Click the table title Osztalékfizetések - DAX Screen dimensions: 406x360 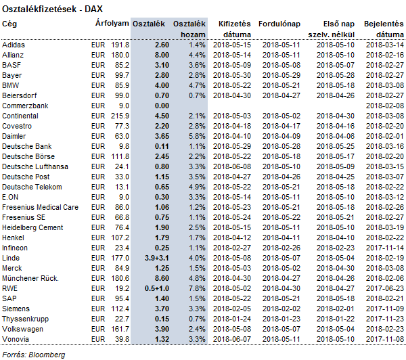(x=52, y=9)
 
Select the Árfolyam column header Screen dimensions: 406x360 (x=112, y=23)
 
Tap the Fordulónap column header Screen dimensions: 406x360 (x=279, y=24)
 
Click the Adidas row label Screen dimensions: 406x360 (x=14, y=45)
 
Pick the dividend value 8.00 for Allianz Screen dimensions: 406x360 (x=162, y=55)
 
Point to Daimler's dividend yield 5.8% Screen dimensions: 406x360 (x=197, y=136)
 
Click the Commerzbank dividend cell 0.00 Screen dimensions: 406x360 (x=162, y=106)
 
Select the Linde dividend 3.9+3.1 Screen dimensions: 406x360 (x=157, y=258)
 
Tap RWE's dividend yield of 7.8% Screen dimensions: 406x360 (x=197, y=288)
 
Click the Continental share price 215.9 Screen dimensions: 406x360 (x=120, y=116)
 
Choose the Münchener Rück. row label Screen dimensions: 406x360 (x=30, y=278)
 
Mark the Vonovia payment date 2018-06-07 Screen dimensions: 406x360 (x=232, y=339)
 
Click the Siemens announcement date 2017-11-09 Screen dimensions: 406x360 (x=385, y=309)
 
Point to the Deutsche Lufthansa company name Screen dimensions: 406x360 (x=35, y=166)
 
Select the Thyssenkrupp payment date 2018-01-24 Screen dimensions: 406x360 (x=232, y=319)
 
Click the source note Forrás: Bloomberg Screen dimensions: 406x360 (x=34, y=355)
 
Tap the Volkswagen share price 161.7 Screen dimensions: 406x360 (x=120, y=329)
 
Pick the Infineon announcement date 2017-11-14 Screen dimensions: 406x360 (x=385, y=248)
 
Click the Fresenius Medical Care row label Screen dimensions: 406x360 (x=40, y=207)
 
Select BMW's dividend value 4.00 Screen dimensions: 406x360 (x=162, y=85)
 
